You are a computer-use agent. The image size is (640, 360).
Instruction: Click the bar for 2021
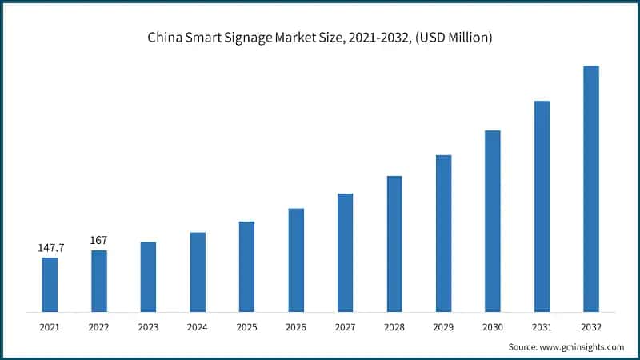[50, 284]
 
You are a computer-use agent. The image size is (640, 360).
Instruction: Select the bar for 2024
[198, 272]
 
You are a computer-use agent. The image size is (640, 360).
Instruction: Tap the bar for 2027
[345, 252]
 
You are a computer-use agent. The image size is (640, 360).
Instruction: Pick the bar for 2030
[493, 221]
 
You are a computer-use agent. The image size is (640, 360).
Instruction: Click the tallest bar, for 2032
[591, 189]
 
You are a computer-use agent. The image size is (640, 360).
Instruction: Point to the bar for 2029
[443, 233]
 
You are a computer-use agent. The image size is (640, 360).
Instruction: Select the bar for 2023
[148, 277]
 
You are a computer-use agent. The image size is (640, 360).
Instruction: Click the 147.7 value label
[50, 248]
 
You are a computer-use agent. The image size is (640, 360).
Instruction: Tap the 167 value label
[99, 240]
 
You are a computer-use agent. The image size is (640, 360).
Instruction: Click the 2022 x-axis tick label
[99, 326]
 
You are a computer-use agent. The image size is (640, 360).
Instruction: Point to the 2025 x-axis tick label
[246, 326]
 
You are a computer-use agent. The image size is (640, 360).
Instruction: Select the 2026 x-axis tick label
[296, 326]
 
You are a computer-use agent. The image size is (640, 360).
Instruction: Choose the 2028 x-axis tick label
[394, 326]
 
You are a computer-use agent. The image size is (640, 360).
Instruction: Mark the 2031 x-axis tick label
[542, 326]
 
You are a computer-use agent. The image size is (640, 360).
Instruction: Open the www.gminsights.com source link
[581, 347]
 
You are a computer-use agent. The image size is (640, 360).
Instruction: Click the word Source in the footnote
[522, 347]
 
